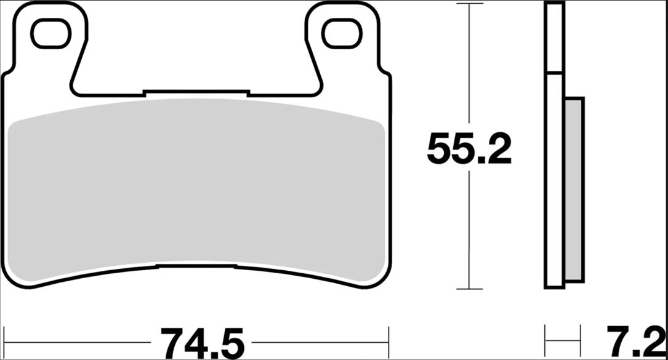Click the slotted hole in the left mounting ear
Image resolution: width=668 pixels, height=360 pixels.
point(51,34)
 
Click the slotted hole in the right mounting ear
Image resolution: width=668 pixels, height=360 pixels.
point(342,34)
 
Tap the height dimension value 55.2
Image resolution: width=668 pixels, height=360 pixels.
point(469,149)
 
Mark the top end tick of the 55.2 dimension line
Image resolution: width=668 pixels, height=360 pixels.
point(470,4)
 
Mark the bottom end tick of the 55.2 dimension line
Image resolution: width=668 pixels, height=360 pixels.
point(470,289)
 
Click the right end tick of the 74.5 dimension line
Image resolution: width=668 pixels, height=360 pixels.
point(388,338)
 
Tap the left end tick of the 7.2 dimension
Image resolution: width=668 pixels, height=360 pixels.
point(545,338)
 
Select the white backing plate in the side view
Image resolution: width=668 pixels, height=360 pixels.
point(554,185)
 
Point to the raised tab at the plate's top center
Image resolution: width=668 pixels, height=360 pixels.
point(196,93)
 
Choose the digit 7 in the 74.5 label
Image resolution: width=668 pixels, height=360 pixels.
point(172,342)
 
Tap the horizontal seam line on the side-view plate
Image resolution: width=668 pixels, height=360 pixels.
point(554,74)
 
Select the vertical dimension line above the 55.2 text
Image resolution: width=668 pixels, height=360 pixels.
point(470,68)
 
